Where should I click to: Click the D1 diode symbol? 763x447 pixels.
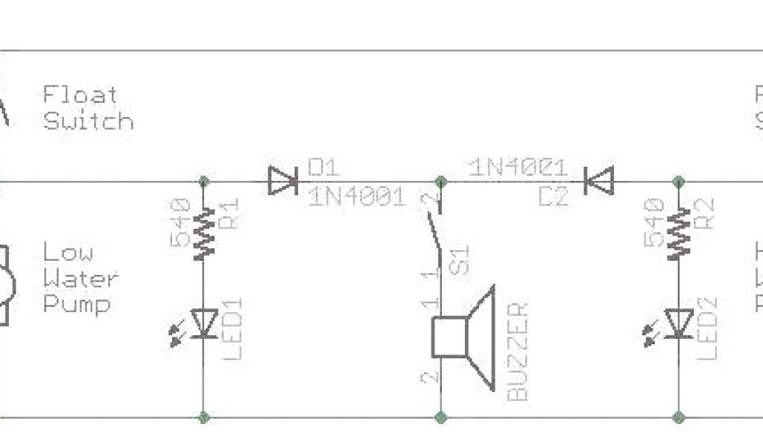click(282, 180)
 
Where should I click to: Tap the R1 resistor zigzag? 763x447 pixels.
click(203, 233)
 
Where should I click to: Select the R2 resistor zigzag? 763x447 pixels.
click(679, 233)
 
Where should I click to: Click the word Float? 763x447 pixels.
click(80, 95)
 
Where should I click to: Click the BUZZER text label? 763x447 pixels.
click(519, 352)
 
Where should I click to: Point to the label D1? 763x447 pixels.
click(323, 167)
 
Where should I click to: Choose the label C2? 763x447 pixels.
click(554, 196)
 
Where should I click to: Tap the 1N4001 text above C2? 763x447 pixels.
click(519, 167)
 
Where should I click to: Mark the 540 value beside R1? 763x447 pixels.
click(180, 221)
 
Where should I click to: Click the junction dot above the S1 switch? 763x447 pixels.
click(440, 181)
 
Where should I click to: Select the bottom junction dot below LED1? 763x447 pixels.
click(203, 417)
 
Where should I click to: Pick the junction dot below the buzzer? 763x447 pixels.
click(440, 417)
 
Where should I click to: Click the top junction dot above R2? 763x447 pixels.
click(679, 181)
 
